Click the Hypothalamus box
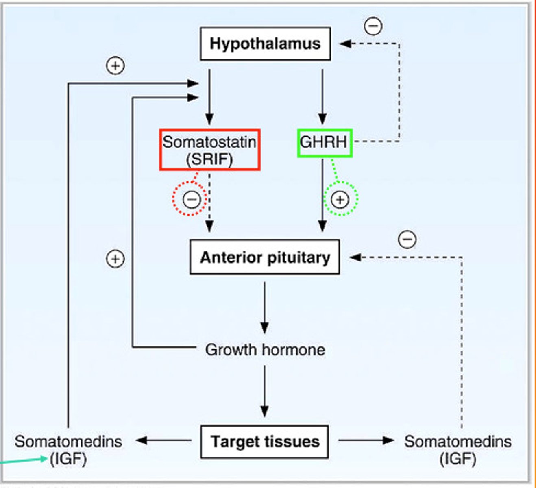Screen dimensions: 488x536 coord(265,44)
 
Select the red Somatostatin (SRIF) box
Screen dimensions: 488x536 coord(209,150)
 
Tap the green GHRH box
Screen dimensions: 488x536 coord(324,143)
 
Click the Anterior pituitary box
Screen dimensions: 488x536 coord(265,257)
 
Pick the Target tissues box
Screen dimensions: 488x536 coord(265,442)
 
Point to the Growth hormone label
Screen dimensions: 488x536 coord(265,350)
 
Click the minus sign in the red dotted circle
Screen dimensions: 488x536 coord(191,199)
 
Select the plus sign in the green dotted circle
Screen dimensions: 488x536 coord(340,200)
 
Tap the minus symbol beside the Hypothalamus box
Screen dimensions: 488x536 coord(373,26)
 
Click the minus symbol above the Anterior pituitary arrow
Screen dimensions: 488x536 coord(407,239)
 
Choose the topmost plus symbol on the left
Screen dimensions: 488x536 coord(115,65)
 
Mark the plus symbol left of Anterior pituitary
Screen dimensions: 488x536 coord(115,259)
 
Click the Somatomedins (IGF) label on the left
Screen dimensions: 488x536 coord(68,450)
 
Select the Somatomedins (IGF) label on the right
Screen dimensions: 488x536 coord(458,450)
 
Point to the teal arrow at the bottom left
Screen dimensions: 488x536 coord(24,461)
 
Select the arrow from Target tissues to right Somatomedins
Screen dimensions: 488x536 coord(366,440)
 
